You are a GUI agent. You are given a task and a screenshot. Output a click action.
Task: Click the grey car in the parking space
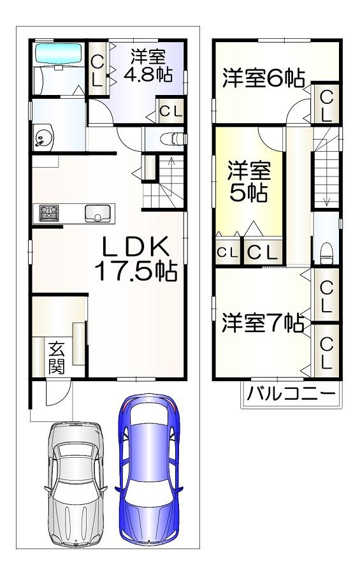76,484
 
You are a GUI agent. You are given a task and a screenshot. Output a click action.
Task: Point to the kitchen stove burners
49,213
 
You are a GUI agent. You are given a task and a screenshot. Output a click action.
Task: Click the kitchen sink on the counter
97,213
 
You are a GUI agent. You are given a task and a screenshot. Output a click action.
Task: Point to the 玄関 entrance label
57,357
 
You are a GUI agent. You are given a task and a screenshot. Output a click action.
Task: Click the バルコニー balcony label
291,394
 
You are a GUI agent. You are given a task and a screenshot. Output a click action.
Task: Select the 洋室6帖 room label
264,77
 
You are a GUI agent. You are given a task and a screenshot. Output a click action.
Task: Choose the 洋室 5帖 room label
249,181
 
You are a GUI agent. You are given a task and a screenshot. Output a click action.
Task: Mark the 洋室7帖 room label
263,323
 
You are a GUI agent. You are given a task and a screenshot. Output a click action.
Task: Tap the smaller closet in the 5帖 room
227,252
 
